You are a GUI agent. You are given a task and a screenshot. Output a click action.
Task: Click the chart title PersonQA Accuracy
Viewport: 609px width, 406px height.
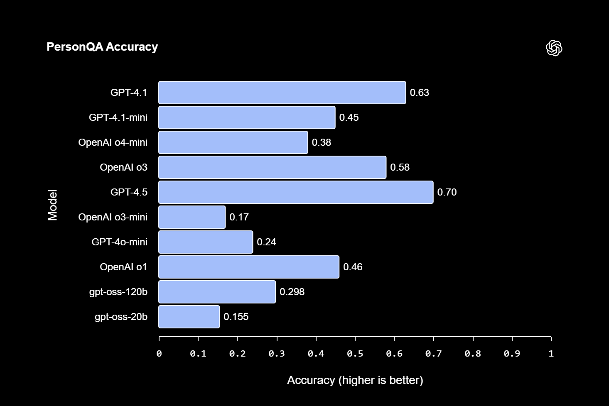pos(102,47)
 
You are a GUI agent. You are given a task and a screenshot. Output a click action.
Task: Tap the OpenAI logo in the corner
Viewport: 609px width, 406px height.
pos(554,48)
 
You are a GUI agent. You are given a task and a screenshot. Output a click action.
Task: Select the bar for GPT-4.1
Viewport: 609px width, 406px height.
pos(282,93)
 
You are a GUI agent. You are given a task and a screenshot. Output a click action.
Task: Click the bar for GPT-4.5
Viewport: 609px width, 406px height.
pos(296,192)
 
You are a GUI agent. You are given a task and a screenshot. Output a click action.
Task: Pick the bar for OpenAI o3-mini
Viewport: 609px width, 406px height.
pos(192,217)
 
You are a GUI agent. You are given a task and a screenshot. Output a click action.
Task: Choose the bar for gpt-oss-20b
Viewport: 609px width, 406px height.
pos(189,317)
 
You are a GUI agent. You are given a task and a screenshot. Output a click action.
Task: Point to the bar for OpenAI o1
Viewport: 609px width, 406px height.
pos(249,267)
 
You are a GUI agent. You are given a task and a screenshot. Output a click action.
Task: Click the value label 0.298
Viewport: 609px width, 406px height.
pos(292,292)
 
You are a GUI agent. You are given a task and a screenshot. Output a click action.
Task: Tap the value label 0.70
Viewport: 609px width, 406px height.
pos(447,192)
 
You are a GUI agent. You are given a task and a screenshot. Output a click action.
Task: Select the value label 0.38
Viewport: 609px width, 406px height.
pos(322,142)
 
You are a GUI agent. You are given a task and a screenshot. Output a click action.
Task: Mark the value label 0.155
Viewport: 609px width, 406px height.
pos(236,317)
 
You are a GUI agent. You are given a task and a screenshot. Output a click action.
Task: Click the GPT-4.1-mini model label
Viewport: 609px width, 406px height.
pos(118,117)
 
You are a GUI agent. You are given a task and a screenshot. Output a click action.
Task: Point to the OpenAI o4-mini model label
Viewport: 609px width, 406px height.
pos(113,142)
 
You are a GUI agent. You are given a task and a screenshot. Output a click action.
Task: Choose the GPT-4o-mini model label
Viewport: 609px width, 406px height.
pos(119,242)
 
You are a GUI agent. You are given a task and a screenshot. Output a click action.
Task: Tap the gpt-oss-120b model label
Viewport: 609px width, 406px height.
pos(118,292)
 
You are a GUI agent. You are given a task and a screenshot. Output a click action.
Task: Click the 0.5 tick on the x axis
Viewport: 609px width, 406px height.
pos(355,354)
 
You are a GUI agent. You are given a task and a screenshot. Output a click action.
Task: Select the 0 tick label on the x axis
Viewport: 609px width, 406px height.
pos(159,354)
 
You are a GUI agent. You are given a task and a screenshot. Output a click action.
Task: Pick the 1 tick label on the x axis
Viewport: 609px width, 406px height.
pos(551,354)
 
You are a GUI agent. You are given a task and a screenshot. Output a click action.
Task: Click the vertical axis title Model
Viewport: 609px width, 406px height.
pos(53,205)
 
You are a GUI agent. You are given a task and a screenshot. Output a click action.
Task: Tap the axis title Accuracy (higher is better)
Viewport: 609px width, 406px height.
pos(355,380)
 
